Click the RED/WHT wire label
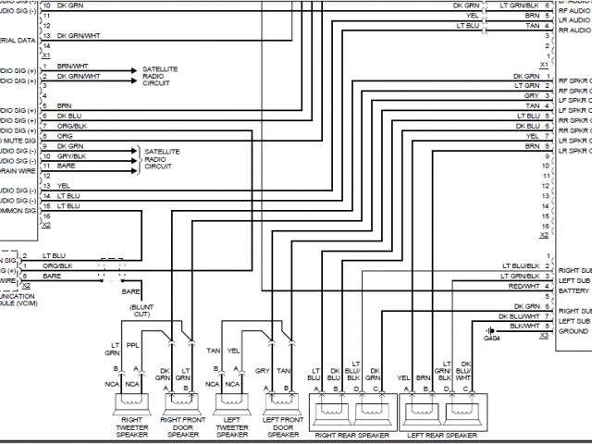click(524, 286)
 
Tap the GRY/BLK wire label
click(72, 155)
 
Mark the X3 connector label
click(544, 336)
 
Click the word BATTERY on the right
click(574, 290)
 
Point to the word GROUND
click(573, 331)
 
